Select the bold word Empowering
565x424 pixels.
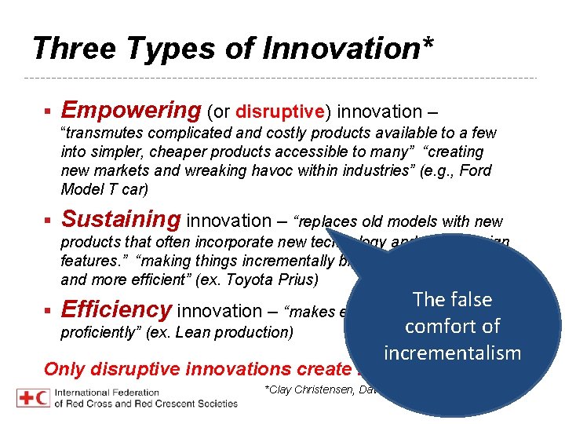coord(131,110)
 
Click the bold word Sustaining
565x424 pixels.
coord(121,220)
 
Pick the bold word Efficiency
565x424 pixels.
coord(116,309)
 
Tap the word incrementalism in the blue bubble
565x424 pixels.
coord(453,353)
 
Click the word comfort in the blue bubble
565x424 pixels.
coord(453,326)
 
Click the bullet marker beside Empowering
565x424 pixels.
coord(49,111)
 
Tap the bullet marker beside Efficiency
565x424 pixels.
coord(49,311)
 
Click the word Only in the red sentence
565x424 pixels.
coord(64,369)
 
